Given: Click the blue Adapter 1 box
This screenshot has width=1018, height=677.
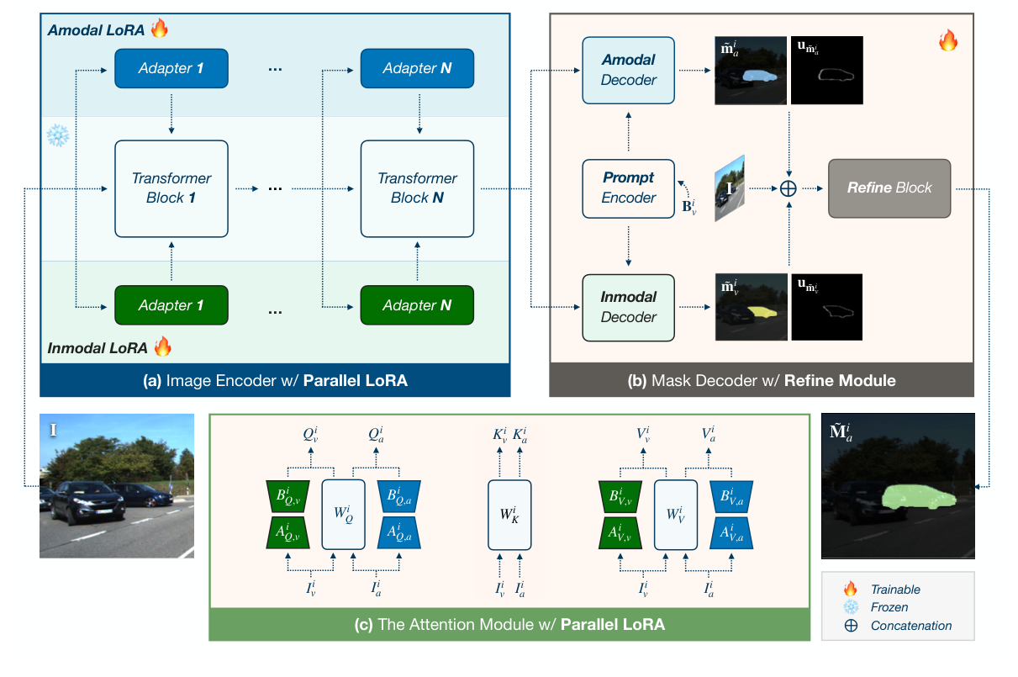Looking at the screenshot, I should (171, 69).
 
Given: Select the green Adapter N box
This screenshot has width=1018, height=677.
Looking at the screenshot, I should (417, 305).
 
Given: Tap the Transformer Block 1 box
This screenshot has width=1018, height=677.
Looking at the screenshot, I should (171, 188).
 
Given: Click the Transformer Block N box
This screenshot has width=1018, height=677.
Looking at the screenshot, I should (417, 188).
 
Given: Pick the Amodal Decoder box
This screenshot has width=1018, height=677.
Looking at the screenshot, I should (628, 70).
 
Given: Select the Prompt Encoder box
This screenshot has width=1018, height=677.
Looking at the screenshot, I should (628, 188).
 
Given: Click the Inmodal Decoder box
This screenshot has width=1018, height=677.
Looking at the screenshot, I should (628, 307).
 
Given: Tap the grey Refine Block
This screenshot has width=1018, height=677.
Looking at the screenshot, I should (889, 188).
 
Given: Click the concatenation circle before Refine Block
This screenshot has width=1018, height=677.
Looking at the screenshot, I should (788, 188).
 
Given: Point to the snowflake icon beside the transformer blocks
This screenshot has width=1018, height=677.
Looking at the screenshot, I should (57, 135).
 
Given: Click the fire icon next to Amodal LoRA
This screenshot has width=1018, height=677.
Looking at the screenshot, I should (160, 29).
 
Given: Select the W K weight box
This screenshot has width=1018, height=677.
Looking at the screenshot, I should (509, 515).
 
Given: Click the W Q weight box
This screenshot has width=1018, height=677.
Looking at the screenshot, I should (343, 515).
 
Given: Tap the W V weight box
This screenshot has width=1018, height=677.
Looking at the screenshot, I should (677, 515).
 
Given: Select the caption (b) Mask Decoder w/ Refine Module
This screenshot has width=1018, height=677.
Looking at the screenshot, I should (761, 381).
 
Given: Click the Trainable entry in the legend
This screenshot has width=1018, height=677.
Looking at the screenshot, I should (895, 590).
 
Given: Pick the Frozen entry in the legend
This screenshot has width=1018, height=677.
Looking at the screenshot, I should (889, 607).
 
